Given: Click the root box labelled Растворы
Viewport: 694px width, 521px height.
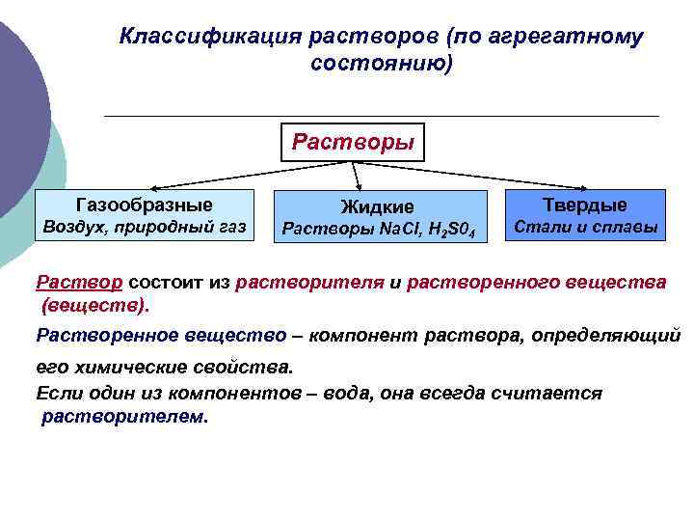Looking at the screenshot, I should click(353, 144).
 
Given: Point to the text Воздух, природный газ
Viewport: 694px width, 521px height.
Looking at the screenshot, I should click(143, 228).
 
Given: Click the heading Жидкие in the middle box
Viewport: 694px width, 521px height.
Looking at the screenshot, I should click(378, 206).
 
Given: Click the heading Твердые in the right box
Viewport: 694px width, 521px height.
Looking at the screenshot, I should click(584, 205).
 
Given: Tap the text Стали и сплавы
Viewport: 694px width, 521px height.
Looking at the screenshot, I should click(584, 228).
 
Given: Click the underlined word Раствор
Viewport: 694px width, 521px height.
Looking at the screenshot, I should click(79, 283).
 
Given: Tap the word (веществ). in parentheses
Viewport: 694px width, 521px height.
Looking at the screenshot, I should click(94, 306).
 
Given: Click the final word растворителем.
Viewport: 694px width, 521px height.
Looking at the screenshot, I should click(124, 418).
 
